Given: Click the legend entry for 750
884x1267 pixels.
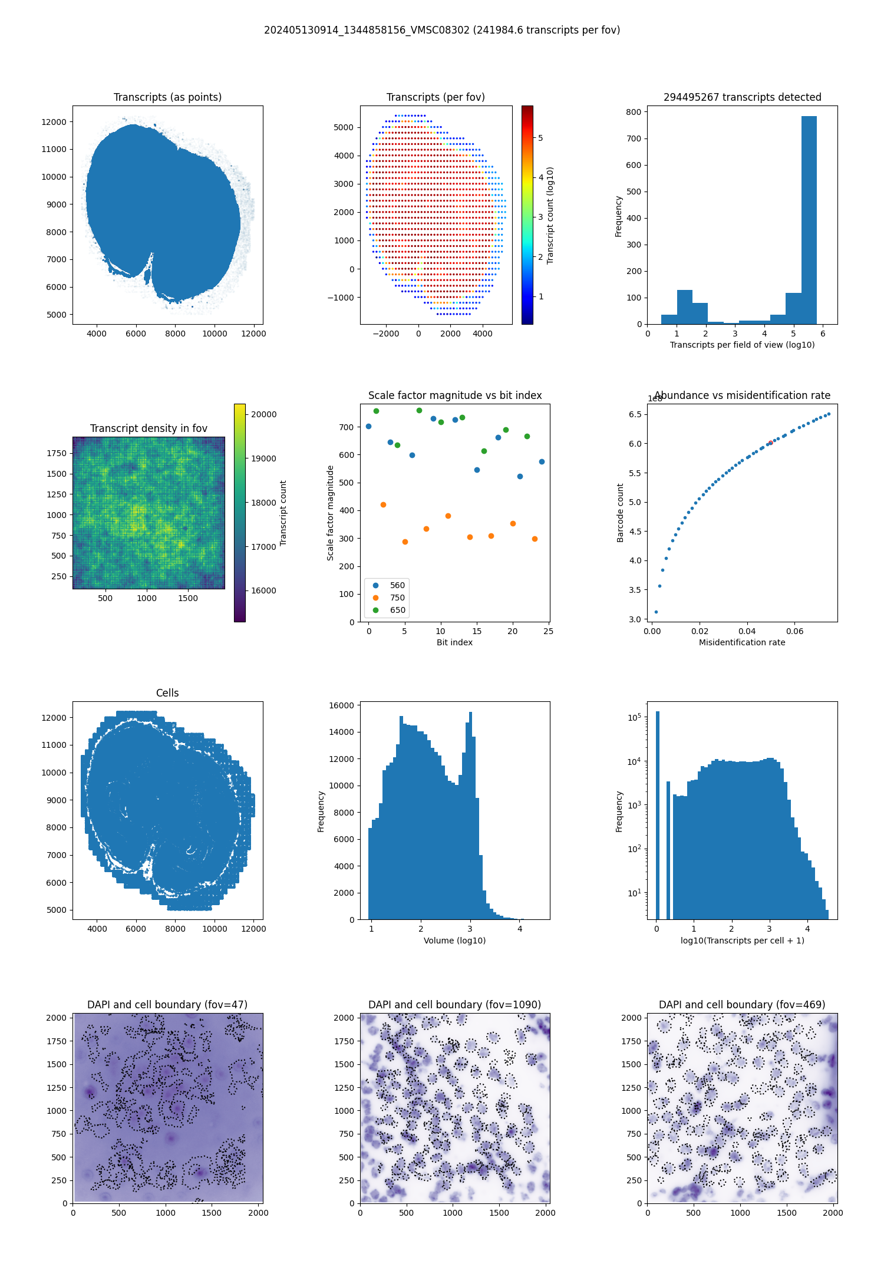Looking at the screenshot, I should (397, 598).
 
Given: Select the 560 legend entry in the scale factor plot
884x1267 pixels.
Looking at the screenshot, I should (397, 585).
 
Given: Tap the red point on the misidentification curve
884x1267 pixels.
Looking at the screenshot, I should (770, 443).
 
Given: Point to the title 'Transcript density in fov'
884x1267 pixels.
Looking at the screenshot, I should (149, 428).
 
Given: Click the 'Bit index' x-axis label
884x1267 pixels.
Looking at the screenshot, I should (454, 642).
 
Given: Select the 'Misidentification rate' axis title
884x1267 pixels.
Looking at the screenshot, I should (742, 642).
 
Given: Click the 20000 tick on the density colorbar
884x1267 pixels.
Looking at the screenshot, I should (263, 414).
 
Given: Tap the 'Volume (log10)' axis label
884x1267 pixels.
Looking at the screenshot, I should (454, 941).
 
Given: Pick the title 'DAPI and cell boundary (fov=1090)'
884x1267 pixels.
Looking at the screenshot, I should (454, 1005).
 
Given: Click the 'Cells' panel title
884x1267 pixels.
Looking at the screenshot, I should (167, 693).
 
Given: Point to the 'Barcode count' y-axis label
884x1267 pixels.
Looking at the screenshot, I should (620, 513).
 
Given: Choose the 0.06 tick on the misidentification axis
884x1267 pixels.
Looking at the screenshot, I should (794, 631).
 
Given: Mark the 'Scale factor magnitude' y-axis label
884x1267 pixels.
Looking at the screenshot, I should (330, 513).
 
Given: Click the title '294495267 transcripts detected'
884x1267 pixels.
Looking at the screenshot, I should (742, 97).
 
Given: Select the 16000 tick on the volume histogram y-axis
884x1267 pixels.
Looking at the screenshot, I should (342, 705).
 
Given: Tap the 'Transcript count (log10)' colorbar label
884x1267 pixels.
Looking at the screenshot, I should (550, 215).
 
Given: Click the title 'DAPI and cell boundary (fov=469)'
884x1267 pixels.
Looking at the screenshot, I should (742, 1005).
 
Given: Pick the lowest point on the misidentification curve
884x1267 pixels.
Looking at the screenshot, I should (656, 612).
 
